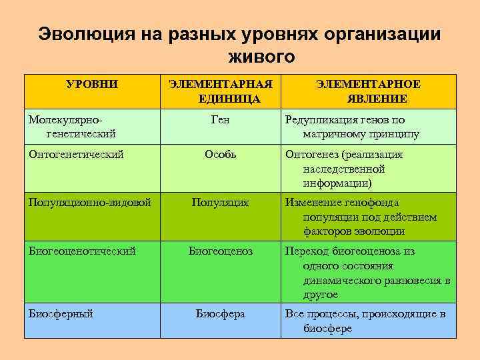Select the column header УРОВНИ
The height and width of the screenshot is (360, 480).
93,85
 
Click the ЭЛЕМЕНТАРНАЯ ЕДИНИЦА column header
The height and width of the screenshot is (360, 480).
220,91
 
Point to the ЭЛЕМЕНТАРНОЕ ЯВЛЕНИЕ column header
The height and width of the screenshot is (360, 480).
368,91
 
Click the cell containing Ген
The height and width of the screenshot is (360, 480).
220,120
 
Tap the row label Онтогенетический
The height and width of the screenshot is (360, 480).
76,155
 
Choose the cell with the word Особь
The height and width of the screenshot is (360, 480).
220,155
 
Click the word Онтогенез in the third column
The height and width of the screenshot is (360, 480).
311,155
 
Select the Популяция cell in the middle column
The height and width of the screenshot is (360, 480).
220,202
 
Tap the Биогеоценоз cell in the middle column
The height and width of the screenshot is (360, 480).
220,251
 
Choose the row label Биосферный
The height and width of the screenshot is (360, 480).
61,313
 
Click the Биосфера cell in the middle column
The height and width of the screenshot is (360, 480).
220,313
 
